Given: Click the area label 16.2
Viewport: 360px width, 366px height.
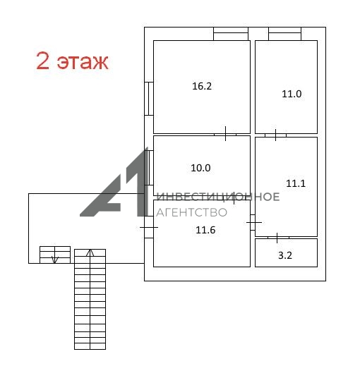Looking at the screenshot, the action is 202,86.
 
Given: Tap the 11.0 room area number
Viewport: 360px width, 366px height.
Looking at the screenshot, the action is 292,94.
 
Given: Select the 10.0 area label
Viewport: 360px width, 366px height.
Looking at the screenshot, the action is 200,168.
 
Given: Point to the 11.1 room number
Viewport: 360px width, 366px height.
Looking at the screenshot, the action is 296,183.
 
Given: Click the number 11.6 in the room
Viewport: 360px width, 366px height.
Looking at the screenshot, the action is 205,230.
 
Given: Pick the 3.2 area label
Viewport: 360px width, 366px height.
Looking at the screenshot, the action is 285,255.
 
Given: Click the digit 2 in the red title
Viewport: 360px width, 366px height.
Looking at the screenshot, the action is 43,61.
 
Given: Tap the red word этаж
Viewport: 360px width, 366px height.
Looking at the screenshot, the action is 83,62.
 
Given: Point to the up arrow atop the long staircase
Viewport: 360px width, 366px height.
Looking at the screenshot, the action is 90,253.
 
